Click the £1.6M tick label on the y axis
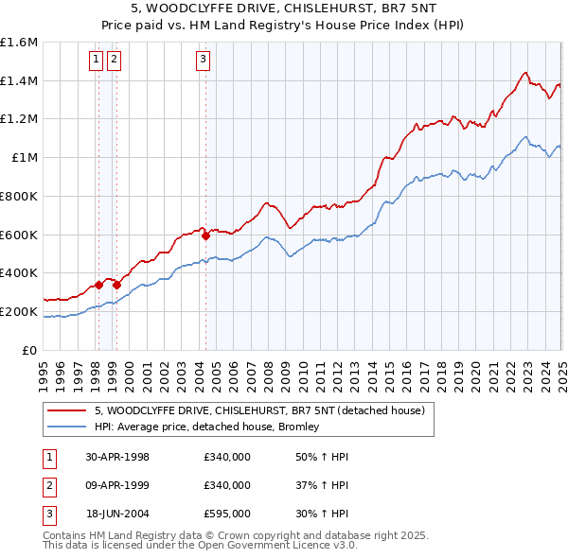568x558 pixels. tap(19, 43)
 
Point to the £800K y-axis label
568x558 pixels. tap(19, 196)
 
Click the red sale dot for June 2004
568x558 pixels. tap(206, 235)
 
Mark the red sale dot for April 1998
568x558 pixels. tap(98, 284)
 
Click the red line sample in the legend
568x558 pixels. tap(64, 410)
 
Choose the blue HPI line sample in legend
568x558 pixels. tap(64, 427)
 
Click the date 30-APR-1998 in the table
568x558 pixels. tap(117, 458)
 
